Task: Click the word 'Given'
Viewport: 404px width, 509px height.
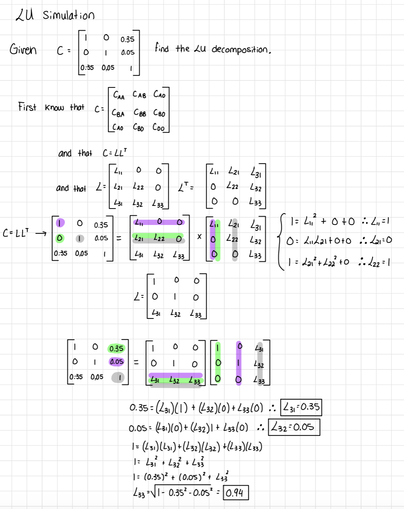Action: coord(23,49)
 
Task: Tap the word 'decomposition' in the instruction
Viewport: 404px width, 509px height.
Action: coord(241,49)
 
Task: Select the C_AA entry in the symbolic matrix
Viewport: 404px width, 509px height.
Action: coord(119,95)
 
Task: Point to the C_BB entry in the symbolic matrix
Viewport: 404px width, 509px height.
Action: coord(140,113)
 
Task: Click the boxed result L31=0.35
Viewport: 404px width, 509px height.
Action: coord(301,407)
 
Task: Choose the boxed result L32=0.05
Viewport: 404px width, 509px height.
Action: coord(294,427)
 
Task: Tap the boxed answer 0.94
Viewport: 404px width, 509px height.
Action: coord(235,493)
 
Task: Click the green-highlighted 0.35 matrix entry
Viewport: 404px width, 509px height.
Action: coord(116,348)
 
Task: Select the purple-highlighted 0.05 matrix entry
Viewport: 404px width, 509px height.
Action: coord(117,361)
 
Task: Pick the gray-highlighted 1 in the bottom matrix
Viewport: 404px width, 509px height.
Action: coord(119,378)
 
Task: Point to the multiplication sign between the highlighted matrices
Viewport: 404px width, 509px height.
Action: coord(199,237)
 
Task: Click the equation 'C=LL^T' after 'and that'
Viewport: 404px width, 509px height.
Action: coord(115,153)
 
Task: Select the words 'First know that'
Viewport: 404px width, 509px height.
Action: coord(51,107)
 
